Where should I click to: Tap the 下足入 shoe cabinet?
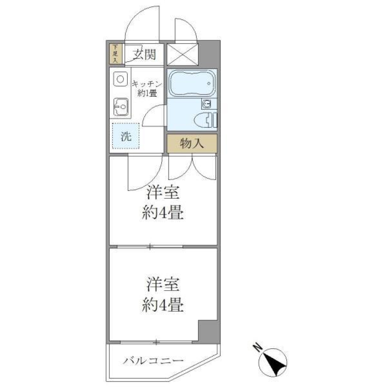pos(115,54)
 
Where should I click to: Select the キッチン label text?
pos(147,84)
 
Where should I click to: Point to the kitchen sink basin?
pos(119,107)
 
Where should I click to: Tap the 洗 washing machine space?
pos(126,136)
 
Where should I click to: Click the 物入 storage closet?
pos(192,144)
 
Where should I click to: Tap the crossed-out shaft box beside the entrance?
pos(182,54)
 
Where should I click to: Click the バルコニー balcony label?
pos(154,360)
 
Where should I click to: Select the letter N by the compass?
pos(257,347)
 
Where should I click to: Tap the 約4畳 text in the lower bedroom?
pos(162,305)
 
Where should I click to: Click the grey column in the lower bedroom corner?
pos(208,331)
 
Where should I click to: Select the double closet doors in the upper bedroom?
pos(192,167)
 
